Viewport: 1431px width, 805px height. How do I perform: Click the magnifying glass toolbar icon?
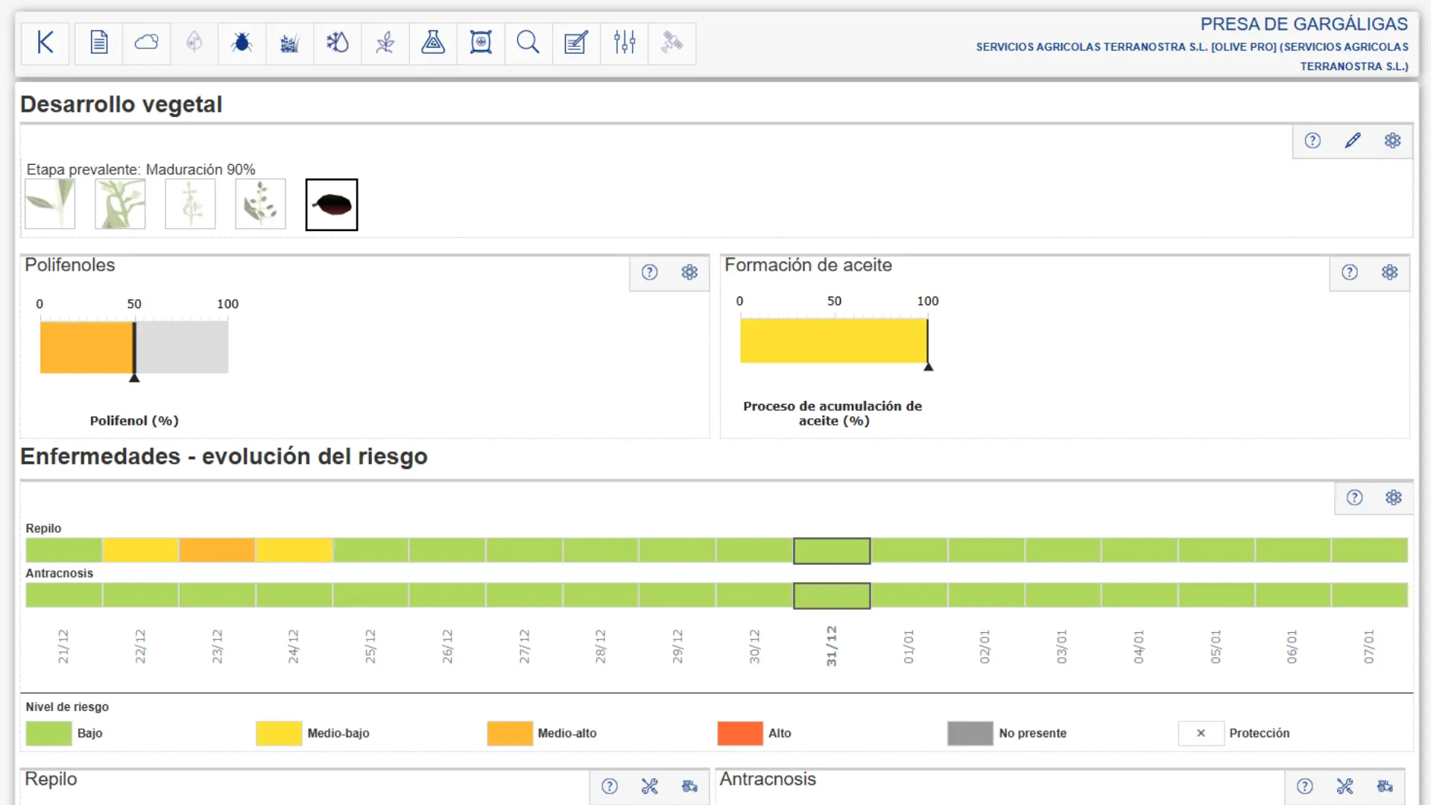tap(528, 43)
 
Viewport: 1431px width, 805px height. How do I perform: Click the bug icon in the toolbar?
tap(241, 43)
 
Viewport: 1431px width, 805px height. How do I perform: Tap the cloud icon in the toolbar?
tap(147, 42)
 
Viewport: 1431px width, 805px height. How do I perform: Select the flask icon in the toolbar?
tap(433, 42)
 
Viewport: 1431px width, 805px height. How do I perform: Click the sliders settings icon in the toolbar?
tap(625, 42)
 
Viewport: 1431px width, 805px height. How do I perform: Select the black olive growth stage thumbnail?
tap(332, 204)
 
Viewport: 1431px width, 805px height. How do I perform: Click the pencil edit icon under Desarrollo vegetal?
tap(1353, 141)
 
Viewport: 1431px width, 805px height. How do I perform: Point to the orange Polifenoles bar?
tap(86, 347)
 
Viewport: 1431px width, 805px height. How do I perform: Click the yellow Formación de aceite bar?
tap(833, 341)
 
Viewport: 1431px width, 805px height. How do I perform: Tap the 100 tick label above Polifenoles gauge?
tap(227, 304)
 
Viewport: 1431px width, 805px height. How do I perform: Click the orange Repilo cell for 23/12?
tap(217, 550)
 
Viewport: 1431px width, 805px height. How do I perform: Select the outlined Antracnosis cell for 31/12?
tap(832, 596)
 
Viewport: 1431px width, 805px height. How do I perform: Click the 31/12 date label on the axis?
tap(832, 646)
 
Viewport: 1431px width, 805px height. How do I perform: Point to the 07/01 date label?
tap(1368, 647)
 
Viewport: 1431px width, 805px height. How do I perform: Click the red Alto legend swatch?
tap(740, 733)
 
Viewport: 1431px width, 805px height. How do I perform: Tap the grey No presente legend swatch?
tap(970, 733)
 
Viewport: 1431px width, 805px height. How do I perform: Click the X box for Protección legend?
tap(1201, 733)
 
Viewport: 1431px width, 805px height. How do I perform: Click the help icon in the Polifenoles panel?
tap(650, 273)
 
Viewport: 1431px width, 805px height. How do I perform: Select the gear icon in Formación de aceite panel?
tap(1390, 273)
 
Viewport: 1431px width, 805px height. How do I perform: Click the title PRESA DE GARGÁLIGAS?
tap(1304, 25)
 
